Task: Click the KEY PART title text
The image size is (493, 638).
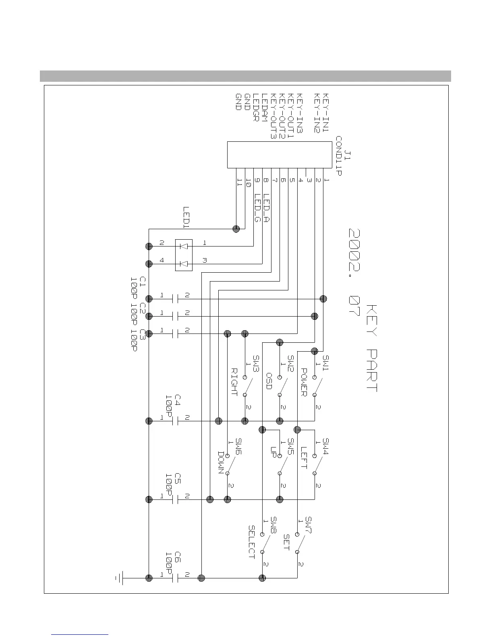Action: (x=372, y=348)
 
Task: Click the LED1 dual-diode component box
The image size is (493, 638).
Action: (x=183, y=255)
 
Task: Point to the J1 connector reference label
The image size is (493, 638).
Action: (x=348, y=155)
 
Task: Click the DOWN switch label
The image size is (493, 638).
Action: (x=222, y=462)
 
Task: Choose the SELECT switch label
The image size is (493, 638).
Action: (x=252, y=542)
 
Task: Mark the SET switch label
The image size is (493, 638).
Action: (x=286, y=542)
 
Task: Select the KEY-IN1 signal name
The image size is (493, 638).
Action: (x=326, y=113)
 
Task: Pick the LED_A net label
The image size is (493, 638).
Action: (x=266, y=207)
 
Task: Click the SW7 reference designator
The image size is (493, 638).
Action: (x=309, y=525)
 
